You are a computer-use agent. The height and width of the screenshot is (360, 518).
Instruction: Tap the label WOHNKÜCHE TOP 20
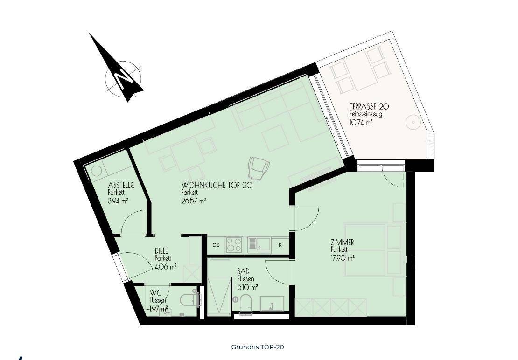click(x=217, y=186)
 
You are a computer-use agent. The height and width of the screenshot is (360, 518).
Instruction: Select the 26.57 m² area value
click(x=194, y=201)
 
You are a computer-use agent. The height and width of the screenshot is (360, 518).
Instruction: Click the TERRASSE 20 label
click(x=369, y=107)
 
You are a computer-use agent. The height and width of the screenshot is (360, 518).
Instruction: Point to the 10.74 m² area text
click(x=361, y=123)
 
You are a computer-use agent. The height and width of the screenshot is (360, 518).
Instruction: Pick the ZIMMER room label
click(x=342, y=242)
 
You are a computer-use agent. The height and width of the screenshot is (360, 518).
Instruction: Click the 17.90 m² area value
click(x=343, y=258)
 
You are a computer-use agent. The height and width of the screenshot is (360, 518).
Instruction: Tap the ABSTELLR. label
click(x=121, y=186)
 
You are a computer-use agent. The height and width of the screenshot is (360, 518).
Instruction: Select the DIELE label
click(x=161, y=251)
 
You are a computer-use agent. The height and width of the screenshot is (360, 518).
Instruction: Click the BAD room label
click(x=243, y=271)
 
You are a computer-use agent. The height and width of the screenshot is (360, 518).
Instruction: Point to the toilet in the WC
click(x=190, y=299)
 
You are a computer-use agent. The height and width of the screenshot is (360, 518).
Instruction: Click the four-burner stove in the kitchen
click(x=234, y=245)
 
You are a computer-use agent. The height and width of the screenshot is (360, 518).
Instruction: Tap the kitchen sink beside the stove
click(x=259, y=245)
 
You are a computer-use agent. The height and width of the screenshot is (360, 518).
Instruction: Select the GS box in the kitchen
click(x=216, y=245)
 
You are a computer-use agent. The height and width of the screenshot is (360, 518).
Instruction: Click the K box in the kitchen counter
click(x=280, y=245)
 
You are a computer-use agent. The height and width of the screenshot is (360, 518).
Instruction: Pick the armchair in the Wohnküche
click(x=259, y=167)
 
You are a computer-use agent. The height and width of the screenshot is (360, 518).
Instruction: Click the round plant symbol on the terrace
click(x=413, y=123)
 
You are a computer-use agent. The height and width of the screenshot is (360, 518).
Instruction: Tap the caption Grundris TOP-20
click(x=257, y=347)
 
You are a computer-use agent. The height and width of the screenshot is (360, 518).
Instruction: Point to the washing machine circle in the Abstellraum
click(x=97, y=172)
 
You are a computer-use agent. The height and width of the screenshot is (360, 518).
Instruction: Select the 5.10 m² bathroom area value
click(x=248, y=287)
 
